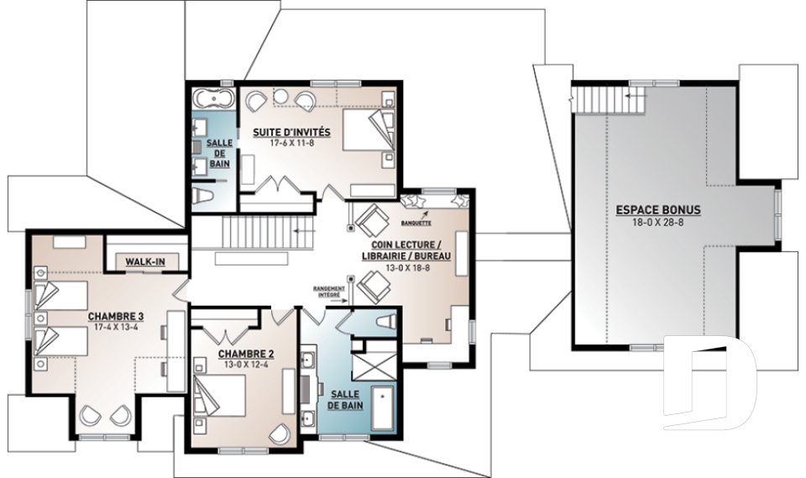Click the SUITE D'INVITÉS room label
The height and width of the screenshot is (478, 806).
click(291, 132)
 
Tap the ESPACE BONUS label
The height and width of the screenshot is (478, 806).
click(658, 210)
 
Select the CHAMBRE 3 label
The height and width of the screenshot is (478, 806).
click(115, 316)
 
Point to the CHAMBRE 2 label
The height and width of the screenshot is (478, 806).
click(246, 354)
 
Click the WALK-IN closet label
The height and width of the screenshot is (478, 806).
click(145, 262)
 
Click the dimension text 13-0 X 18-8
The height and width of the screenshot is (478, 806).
click(408, 267)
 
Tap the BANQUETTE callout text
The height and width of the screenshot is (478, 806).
click(416, 223)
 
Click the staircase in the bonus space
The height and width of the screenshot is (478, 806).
click(608, 100)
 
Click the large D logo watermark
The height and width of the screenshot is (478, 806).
click(709, 382)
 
